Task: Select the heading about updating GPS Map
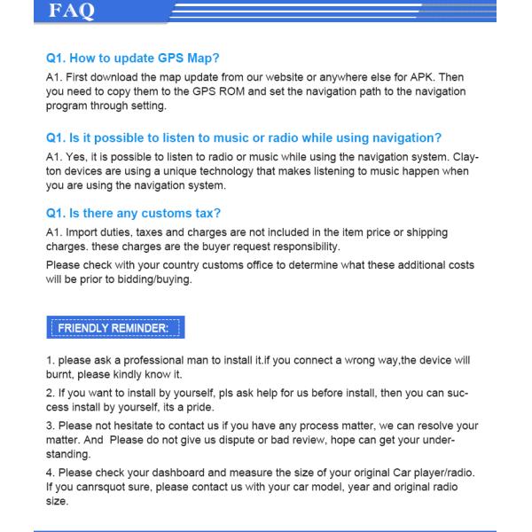133,59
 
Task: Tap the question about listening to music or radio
244,137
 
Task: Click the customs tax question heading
133,213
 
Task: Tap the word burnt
60,374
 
